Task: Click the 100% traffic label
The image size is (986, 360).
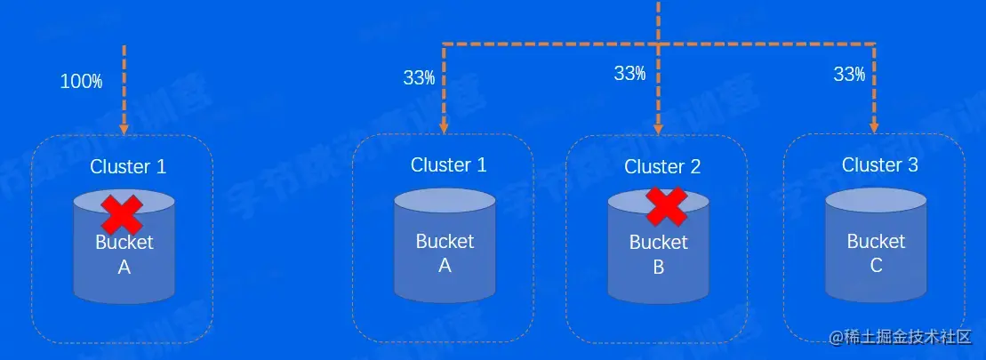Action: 81,82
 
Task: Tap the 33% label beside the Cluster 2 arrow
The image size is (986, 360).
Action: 629,74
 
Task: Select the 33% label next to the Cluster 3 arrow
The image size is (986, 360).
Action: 849,75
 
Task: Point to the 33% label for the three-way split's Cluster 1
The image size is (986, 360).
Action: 419,77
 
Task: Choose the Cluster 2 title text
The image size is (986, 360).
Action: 662,166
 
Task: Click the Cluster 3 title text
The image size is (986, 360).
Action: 880,164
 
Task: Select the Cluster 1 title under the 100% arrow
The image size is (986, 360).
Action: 128,166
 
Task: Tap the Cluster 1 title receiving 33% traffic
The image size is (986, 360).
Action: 448,164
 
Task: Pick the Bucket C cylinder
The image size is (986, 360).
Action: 876,244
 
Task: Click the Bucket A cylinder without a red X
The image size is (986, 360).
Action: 445,246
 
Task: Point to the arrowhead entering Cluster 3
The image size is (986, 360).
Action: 876,126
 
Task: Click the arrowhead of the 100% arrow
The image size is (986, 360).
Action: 124,126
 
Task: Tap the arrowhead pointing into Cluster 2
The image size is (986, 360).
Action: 659,126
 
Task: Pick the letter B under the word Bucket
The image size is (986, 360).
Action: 659,266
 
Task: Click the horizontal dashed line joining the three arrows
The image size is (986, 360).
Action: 551,44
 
